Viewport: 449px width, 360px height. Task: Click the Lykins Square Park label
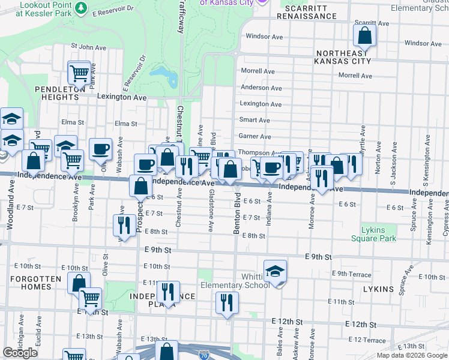tap(379, 234)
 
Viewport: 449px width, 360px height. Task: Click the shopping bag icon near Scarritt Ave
tap(364, 37)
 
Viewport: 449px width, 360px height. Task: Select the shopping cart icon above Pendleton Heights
tap(79, 74)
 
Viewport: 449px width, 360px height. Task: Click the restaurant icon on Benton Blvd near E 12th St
tap(227, 303)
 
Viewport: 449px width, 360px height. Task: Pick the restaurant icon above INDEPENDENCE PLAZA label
tap(168, 293)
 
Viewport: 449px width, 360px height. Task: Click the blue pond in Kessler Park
tap(163, 76)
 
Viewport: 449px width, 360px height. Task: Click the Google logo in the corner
tap(20, 353)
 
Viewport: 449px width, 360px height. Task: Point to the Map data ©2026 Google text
tap(411, 355)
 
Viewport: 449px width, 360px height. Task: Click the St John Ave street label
tap(88, 46)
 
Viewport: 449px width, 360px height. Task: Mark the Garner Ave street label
tap(255, 136)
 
